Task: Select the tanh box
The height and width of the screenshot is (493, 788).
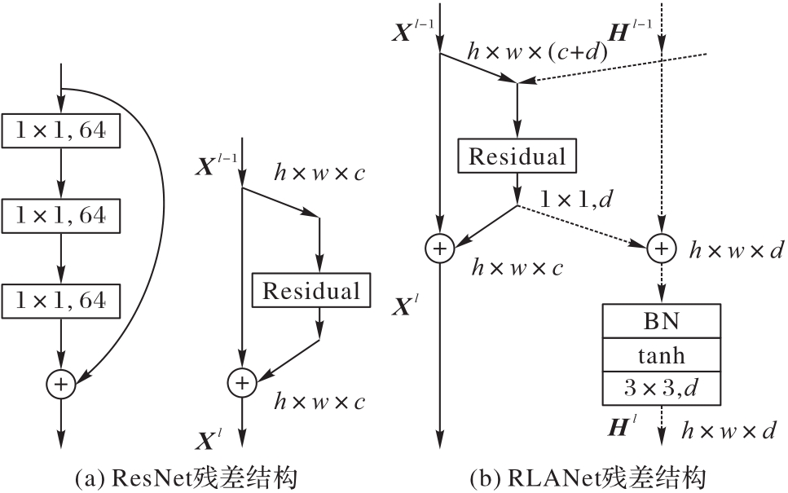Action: [x=661, y=355]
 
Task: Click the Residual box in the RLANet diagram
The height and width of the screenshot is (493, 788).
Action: [x=517, y=156]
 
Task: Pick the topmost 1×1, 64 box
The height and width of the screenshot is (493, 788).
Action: [x=61, y=130]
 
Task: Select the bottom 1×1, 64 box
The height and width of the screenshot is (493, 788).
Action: [x=61, y=301]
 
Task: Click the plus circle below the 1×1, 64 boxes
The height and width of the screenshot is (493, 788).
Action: [x=62, y=381]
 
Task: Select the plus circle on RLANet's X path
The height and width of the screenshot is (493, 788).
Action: [x=440, y=249]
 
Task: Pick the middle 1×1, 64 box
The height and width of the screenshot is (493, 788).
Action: [x=61, y=216]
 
